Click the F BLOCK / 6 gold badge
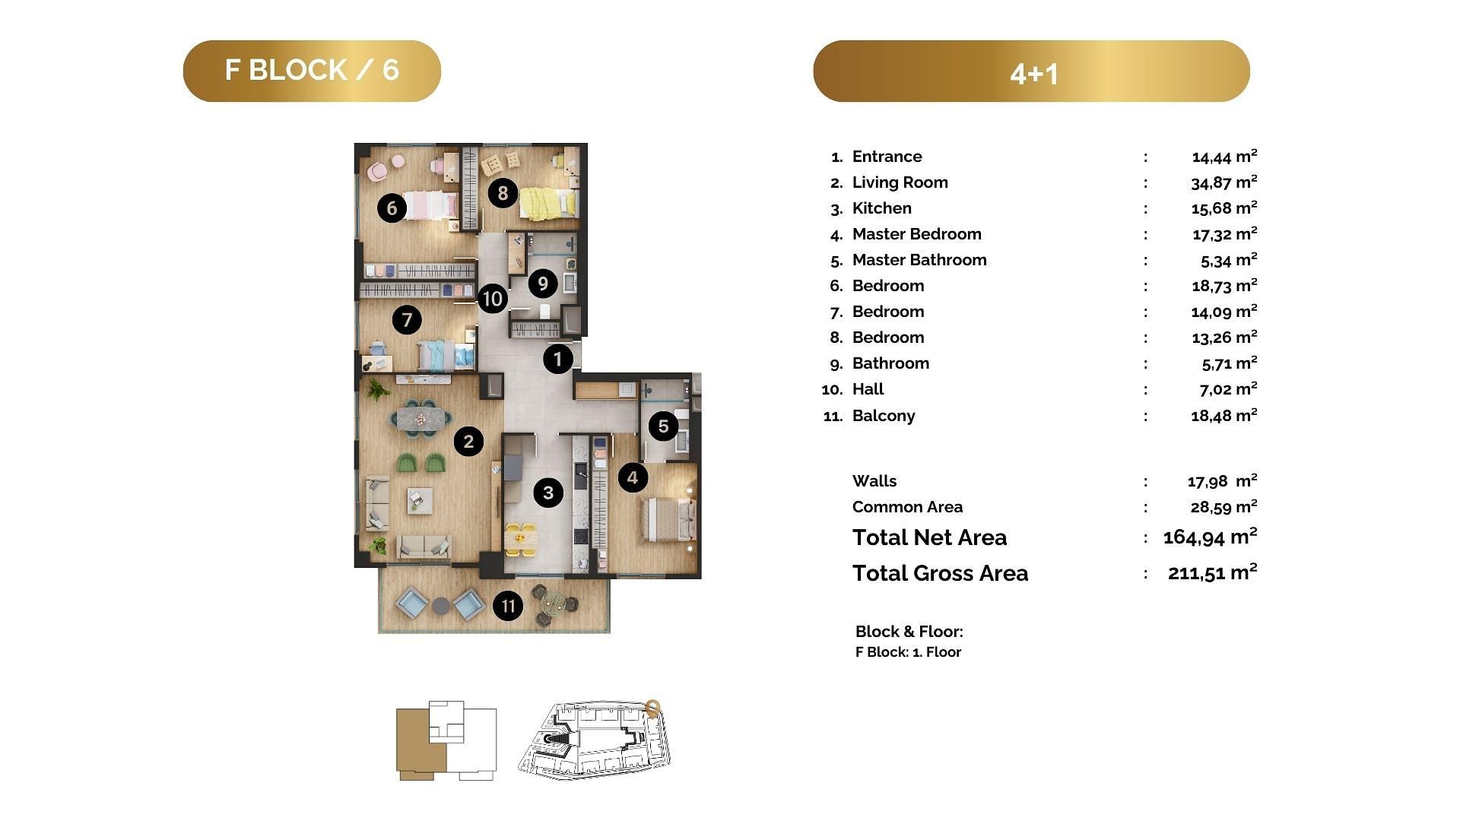[312, 71]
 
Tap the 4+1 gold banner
[1031, 71]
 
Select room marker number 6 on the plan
[392, 208]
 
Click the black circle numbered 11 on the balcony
[508, 606]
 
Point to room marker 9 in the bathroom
[543, 284]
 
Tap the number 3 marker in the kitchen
[548, 493]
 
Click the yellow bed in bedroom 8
[547, 203]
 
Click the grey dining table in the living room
[421, 418]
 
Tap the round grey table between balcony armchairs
[441, 607]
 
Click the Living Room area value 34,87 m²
[1224, 182]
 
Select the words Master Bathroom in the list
[919, 260]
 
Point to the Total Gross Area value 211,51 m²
[1212, 572]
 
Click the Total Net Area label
[929, 537]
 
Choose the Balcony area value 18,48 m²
[1224, 416]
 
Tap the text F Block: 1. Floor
[908, 652]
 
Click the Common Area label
[907, 507]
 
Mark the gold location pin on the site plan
[652, 708]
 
